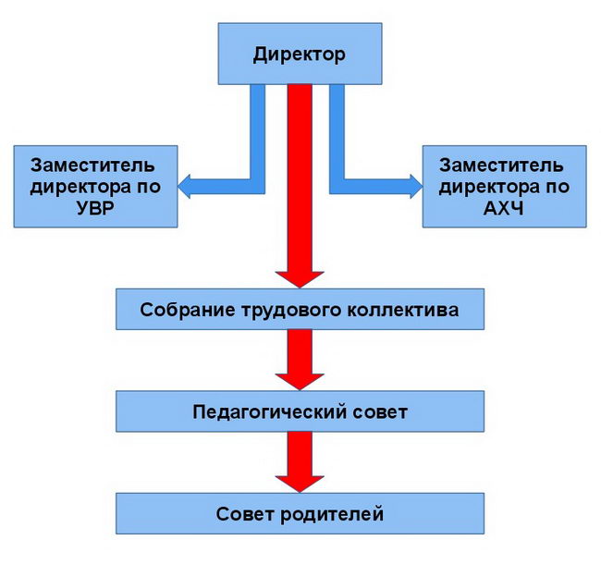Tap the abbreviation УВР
92,206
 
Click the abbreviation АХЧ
502,206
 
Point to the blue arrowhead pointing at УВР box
186,187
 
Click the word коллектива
400,309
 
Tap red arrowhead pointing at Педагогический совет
300,377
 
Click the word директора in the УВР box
82,186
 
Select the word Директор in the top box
299,54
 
